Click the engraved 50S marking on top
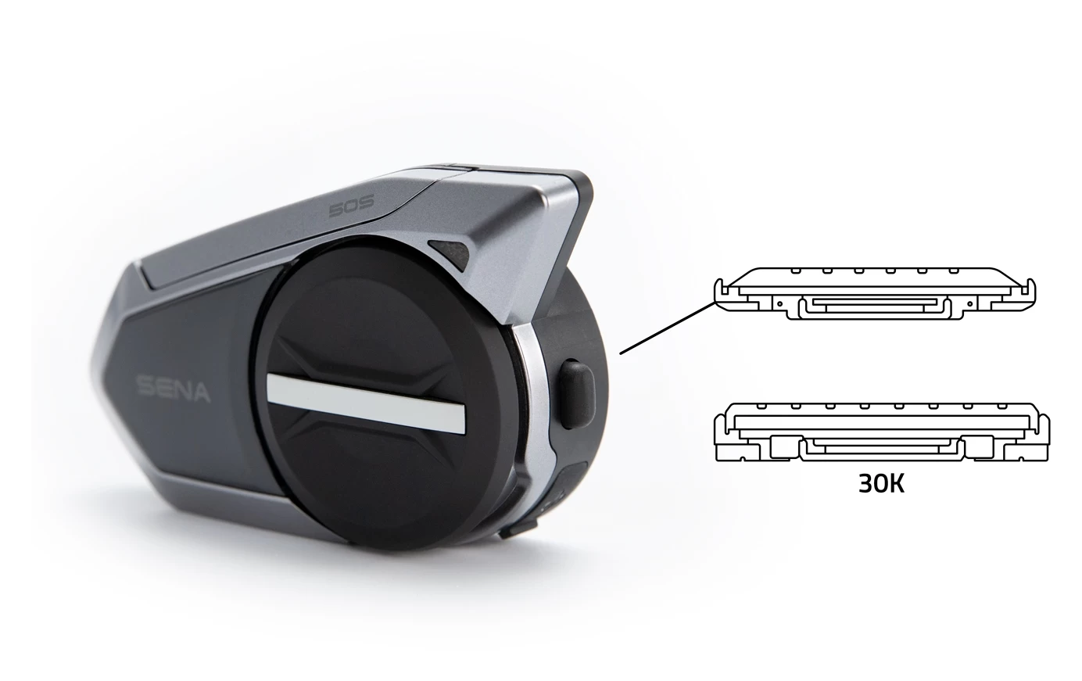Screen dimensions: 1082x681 coord(351,207)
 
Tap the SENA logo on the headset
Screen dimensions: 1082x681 coord(174,389)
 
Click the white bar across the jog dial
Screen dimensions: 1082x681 coord(366,403)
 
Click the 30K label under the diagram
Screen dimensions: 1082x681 coord(881,483)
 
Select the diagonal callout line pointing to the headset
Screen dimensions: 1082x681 coord(668,328)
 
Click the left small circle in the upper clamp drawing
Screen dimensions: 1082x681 coord(779,304)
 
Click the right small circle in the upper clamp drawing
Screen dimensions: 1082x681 coord(970,304)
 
